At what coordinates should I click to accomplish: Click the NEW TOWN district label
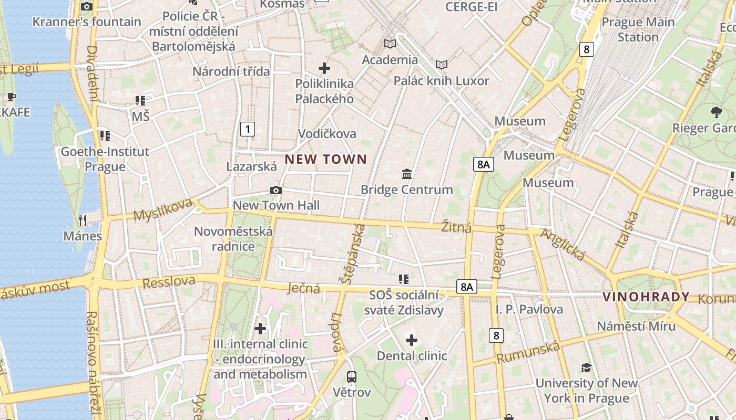[x=326, y=159]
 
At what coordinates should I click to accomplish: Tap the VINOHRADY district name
[x=646, y=297]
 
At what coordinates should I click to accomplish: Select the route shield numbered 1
[x=248, y=129]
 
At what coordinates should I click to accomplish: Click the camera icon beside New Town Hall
[x=276, y=190]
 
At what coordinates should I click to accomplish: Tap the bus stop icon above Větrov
[x=352, y=376]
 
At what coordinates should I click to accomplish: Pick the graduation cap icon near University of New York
[x=586, y=367]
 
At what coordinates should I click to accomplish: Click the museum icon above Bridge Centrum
[x=407, y=174]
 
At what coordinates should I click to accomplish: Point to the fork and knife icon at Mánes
[x=83, y=220]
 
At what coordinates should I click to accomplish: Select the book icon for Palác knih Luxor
[x=442, y=65]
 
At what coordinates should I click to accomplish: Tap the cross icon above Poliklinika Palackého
[x=324, y=68]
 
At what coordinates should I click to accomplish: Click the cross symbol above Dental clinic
[x=412, y=340]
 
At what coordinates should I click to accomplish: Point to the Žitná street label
[x=456, y=227]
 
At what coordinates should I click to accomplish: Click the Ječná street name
[x=304, y=288]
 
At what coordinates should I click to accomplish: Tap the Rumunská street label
[x=528, y=351]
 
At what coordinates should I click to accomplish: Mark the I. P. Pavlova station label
[x=529, y=309]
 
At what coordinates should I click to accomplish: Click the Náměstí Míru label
[x=636, y=326]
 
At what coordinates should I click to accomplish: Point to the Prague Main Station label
[x=638, y=29]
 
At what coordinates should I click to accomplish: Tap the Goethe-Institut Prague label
[x=105, y=159]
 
